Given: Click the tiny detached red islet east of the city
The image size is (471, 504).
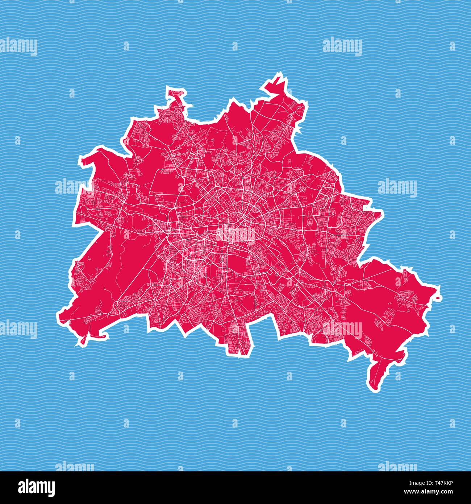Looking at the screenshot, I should (x=439, y=298).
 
